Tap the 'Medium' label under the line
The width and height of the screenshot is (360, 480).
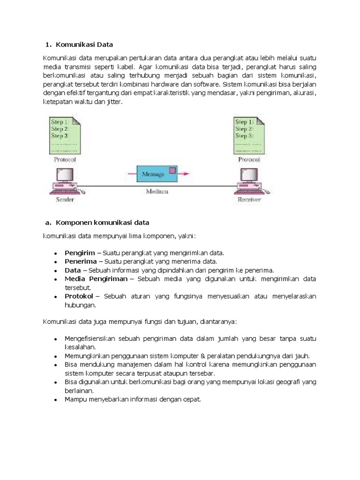click(x=157, y=191)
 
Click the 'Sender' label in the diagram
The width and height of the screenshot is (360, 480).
click(x=65, y=200)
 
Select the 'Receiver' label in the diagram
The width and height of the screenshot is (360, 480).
click(x=248, y=200)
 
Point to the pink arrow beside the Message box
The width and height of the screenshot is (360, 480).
click(x=186, y=174)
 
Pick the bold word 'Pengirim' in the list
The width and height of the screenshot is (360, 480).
click(x=80, y=253)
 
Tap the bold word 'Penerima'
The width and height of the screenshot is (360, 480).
click(x=81, y=261)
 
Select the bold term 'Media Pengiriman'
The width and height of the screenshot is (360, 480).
click(x=96, y=279)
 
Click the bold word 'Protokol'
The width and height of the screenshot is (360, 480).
click(x=80, y=296)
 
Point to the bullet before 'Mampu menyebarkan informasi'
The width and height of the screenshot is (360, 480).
click(x=55, y=400)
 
